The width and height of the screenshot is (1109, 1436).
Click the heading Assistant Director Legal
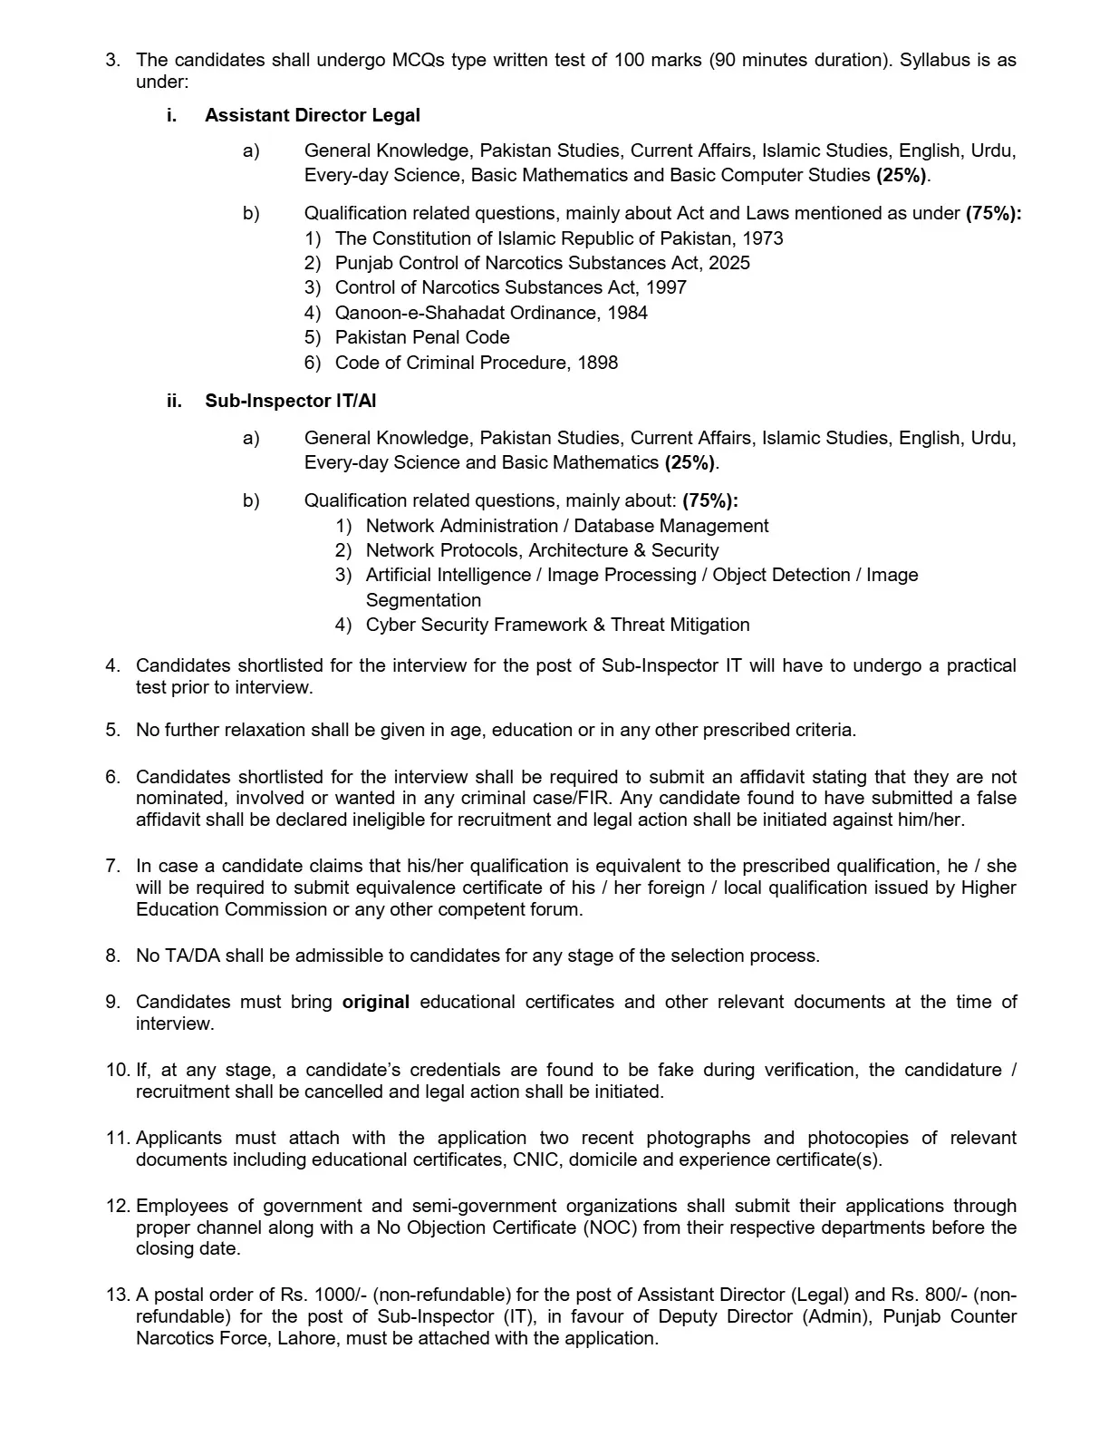(x=312, y=115)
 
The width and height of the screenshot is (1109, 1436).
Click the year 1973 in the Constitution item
(x=763, y=238)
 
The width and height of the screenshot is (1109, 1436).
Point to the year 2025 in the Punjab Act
(x=729, y=263)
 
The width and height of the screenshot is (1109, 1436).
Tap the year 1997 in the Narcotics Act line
(x=666, y=287)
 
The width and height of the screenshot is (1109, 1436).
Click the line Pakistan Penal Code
(x=422, y=337)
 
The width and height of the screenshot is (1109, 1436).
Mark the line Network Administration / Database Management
(x=567, y=526)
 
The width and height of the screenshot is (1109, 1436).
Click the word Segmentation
(x=423, y=600)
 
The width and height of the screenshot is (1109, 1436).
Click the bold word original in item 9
(x=375, y=1002)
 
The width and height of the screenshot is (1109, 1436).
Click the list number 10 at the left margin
(x=117, y=1070)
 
